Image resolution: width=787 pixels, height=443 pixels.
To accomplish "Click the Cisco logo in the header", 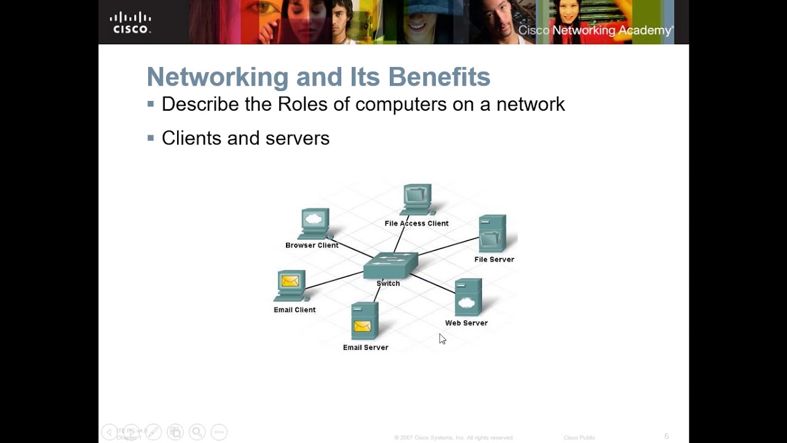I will (130, 23).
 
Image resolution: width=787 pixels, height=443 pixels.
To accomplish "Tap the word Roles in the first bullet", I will (303, 104).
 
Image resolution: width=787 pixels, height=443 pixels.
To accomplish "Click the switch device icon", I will (390, 265).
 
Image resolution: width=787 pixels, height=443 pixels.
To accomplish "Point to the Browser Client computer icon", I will (315, 224).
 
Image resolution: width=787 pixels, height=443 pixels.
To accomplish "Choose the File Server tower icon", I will (492, 233).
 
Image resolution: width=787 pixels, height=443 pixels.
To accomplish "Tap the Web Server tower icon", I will (468, 297).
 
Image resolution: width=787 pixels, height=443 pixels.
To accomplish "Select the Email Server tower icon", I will (364, 321).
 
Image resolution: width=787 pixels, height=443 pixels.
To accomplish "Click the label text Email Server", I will (365, 348).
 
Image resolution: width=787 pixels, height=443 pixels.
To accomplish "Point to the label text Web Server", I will (466, 323).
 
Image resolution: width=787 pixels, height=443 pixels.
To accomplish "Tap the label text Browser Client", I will (312, 245).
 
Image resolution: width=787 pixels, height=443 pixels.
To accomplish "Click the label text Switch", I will (388, 284).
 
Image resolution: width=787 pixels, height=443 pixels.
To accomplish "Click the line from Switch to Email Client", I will (335, 280).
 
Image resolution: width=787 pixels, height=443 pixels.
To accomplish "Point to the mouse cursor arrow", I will (441, 338).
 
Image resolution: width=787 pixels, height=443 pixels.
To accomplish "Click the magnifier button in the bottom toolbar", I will (197, 432).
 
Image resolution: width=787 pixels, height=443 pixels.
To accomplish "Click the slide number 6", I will (666, 436).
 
